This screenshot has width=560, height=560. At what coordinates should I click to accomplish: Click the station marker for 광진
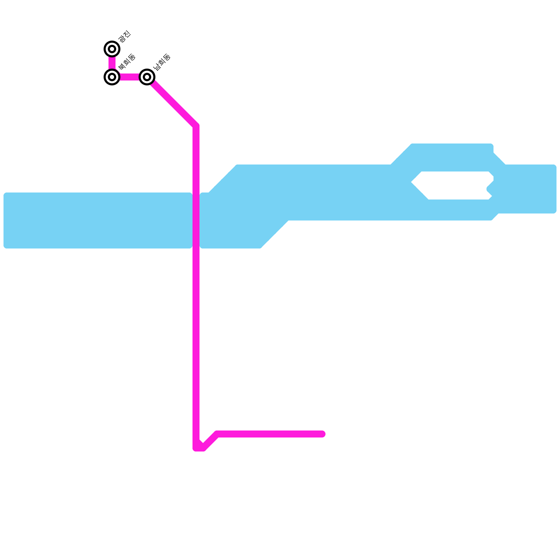pyautogui.click(x=112, y=49)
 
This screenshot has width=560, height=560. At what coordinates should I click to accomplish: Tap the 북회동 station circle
pyautogui.click(x=112, y=77)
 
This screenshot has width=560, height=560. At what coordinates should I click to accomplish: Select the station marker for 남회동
pyautogui.click(x=147, y=77)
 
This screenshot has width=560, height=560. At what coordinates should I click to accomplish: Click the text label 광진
pyautogui.click(x=124, y=37)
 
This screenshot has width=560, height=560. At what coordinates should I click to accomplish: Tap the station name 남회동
pyautogui.click(x=162, y=62)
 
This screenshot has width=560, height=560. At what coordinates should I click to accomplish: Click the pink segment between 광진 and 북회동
pyautogui.click(x=112, y=63)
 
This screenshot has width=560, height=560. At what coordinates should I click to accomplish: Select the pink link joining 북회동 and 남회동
pyautogui.click(x=129, y=77)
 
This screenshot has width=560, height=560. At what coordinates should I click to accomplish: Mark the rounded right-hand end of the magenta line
pyautogui.click(x=323, y=434)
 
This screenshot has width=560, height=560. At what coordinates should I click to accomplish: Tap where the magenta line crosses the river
pyautogui.click(x=196, y=220)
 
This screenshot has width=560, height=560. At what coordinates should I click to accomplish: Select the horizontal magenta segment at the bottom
pyautogui.click(x=269, y=434)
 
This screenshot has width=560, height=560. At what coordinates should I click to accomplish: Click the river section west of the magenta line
pyautogui.click(x=98, y=220)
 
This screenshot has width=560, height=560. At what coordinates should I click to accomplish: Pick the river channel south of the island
pyautogui.click(x=455, y=210)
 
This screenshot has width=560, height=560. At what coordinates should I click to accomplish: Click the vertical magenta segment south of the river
pyautogui.click(x=196, y=343)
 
